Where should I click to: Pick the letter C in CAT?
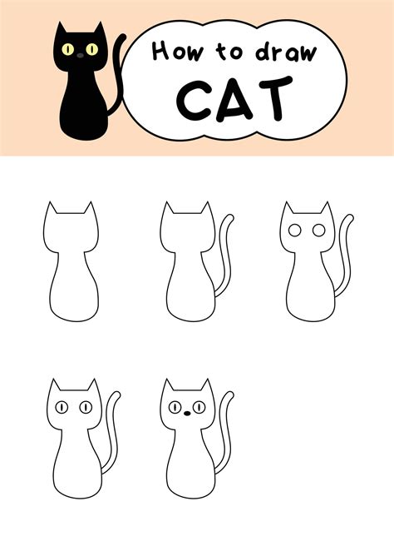[x=193, y=98]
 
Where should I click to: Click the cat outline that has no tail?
[x=70, y=266]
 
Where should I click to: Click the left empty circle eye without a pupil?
[x=294, y=230]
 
